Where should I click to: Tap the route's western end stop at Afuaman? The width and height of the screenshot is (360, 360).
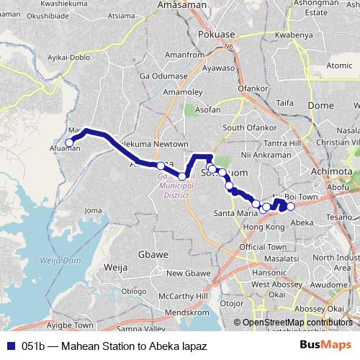(x=70, y=143)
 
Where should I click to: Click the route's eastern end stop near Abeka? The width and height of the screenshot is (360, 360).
(x=291, y=207)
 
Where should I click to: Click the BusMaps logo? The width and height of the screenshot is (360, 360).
(x=331, y=346)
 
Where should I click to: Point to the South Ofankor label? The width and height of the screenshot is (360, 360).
(x=247, y=127)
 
